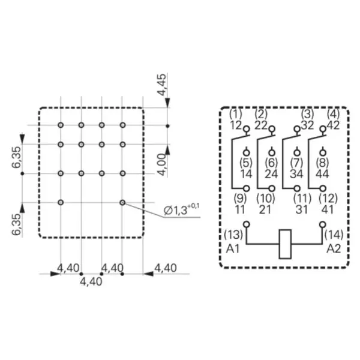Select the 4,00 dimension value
click(x=163, y=165)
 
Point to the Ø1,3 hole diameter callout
click(x=182, y=209)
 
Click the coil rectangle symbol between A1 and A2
click(x=285, y=244)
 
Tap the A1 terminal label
click(x=233, y=248)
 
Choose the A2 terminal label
click(x=334, y=248)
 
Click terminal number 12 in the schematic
click(x=236, y=125)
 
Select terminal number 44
click(x=322, y=174)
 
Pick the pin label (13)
click(x=233, y=235)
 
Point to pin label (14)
click(x=334, y=235)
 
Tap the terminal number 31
click(x=301, y=209)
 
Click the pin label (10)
click(x=266, y=199)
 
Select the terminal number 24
click(x=271, y=174)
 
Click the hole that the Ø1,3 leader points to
click(x=122, y=203)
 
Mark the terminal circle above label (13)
click(x=247, y=224)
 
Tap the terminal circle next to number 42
click(x=323, y=128)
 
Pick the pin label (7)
click(x=296, y=163)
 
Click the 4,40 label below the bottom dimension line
click(x=91, y=282)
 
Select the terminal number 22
click(x=261, y=125)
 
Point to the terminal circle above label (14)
click(x=323, y=224)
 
